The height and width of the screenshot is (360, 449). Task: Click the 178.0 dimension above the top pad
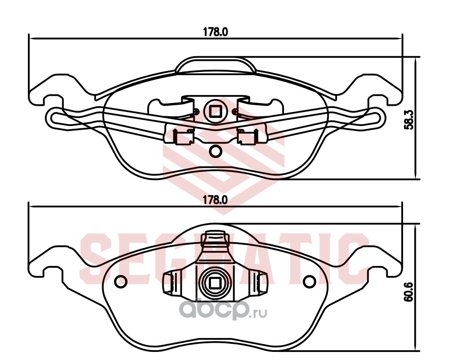coord(216,32)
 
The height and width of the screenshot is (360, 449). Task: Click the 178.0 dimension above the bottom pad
coord(216,200)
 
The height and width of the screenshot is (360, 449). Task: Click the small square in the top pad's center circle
coord(215,112)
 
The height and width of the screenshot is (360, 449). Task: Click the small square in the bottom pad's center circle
coord(215,283)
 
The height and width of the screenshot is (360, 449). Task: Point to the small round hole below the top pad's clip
coord(215,151)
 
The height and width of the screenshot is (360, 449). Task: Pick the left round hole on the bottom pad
coord(121,282)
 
